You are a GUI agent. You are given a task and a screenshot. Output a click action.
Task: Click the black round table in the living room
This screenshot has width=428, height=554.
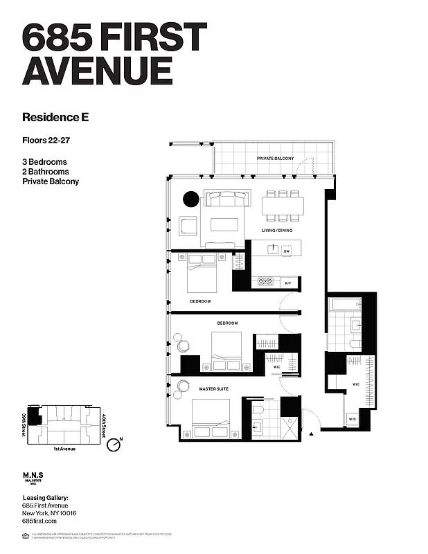190,200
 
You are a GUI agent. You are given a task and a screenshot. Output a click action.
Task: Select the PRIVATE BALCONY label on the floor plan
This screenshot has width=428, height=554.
275,159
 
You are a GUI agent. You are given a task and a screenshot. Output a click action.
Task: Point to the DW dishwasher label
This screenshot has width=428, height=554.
286,251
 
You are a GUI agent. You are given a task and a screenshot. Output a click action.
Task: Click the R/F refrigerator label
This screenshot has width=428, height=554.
288,283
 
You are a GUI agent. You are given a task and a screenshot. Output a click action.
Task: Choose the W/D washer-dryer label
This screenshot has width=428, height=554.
352,420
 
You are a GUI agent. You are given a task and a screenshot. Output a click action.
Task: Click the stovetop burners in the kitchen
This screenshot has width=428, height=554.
265,282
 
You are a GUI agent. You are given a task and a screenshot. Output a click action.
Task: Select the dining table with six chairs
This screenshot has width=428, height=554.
283,205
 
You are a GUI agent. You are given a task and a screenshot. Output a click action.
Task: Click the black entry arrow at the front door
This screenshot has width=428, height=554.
313,434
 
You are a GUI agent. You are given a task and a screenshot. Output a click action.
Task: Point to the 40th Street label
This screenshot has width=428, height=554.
102,423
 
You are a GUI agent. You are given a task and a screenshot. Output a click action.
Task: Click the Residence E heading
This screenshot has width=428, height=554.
55,117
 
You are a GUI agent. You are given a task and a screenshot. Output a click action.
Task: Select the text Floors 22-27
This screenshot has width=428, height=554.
46,141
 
